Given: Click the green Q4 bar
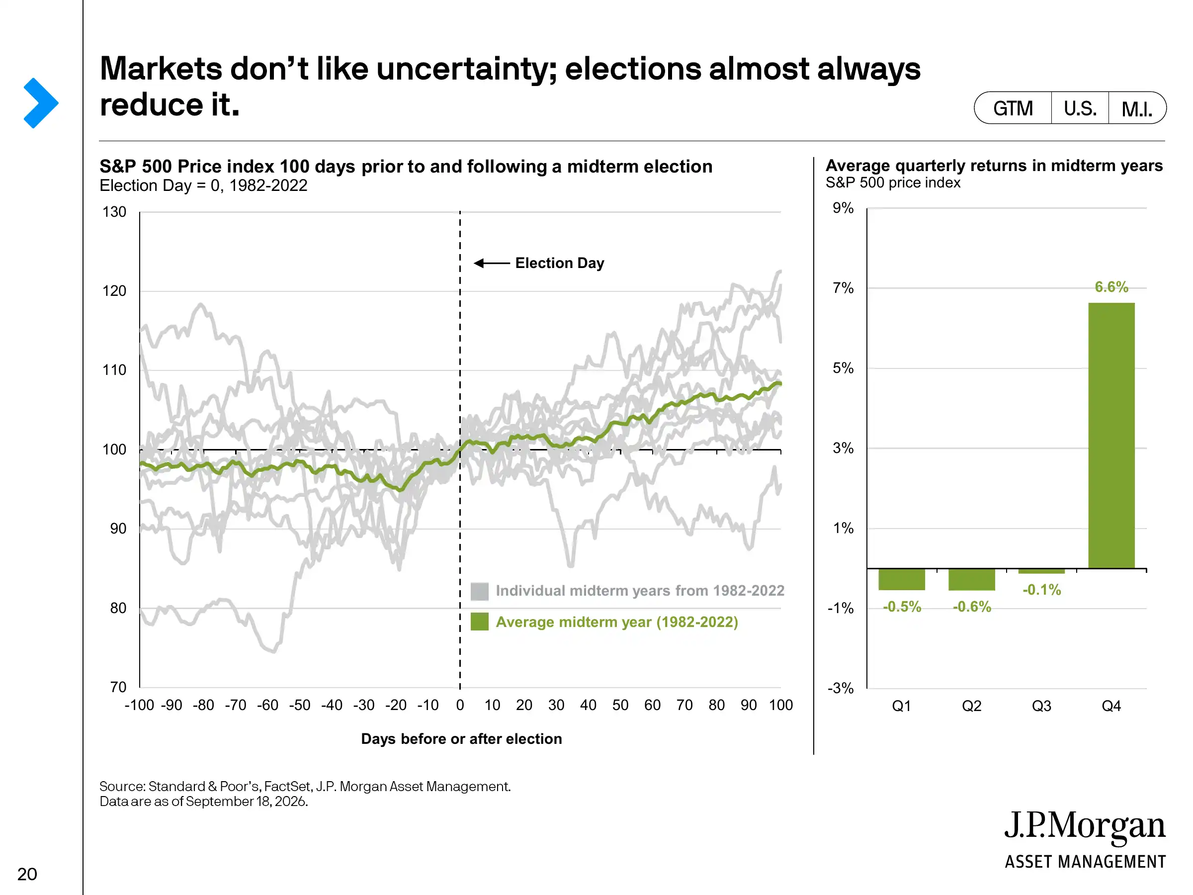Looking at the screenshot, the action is click(x=1111, y=436).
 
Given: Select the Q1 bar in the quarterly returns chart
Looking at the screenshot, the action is click(x=901, y=579).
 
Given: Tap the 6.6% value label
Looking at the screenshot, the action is click(x=1111, y=287).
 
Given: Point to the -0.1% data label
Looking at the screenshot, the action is click(x=1041, y=590).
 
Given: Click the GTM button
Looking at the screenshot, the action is click(x=1013, y=108).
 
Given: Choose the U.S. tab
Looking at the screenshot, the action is click(x=1080, y=108).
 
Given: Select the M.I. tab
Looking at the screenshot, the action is click(x=1137, y=108).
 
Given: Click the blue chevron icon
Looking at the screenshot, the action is click(x=40, y=103).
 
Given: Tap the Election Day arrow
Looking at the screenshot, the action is click(x=491, y=263).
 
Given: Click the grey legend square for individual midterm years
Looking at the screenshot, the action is click(x=480, y=591).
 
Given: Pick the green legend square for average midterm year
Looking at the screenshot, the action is click(x=480, y=622).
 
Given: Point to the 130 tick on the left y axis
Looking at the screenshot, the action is click(x=114, y=212).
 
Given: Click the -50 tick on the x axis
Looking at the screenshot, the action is click(x=299, y=705).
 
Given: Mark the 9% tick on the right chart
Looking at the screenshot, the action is click(x=843, y=208).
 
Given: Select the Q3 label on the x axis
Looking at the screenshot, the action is click(x=1041, y=706).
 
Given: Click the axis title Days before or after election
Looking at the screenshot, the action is click(x=461, y=738).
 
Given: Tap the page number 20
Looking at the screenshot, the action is click(x=27, y=874).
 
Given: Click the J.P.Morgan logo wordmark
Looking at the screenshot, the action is click(x=1085, y=826).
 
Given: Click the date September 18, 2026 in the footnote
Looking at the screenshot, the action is click(x=246, y=801).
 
